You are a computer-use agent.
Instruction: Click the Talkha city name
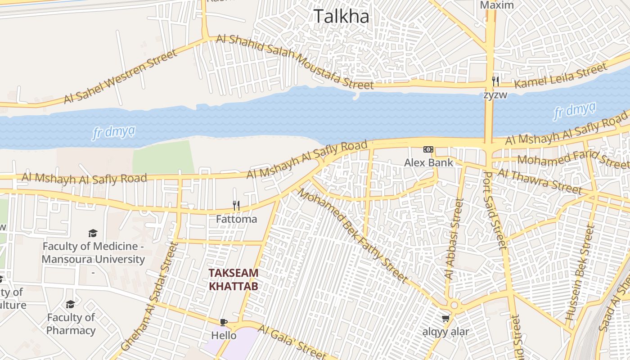[x=341, y=17]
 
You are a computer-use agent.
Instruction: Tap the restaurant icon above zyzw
[x=495, y=81]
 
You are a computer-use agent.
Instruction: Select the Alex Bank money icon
[x=428, y=149]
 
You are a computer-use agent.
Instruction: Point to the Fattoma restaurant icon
[x=236, y=206]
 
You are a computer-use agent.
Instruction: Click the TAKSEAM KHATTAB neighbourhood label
[x=234, y=279]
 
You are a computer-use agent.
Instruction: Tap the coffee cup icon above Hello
[x=224, y=322]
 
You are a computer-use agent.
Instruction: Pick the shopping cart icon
[x=445, y=319]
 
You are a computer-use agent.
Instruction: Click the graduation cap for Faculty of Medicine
[x=93, y=233]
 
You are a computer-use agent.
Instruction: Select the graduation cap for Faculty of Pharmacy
[x=70, y=305]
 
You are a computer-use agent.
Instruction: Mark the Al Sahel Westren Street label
[x=121, y=77]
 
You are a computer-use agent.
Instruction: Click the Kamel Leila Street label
[x=560, y=76]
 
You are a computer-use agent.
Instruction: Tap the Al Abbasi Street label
[x=453, y=239]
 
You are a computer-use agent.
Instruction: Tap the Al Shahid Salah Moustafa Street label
[x=295, y=61]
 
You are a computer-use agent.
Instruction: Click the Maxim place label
[x=497, y=5]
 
